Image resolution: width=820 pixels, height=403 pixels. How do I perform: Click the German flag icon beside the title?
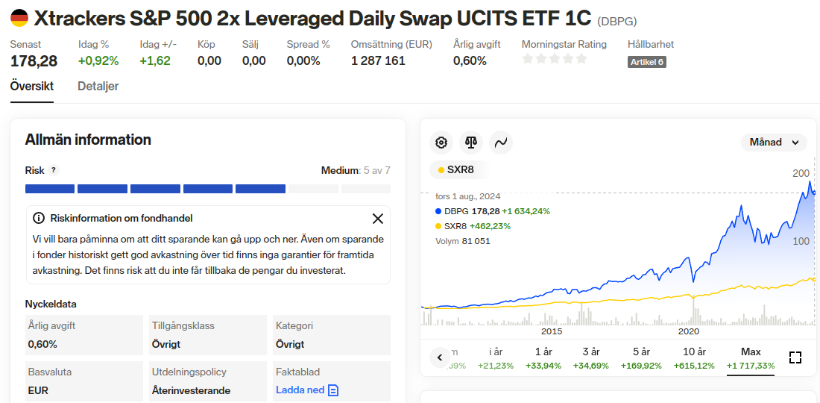click(x=19, y=18)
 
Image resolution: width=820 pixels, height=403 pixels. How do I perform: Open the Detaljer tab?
click(x=98, y=87)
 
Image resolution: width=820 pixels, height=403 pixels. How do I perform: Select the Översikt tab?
click(x=31, y=87)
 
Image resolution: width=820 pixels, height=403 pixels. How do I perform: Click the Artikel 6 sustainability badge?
click(x=646, y=62)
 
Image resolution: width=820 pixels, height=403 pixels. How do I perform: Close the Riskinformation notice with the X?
click(x=378, y=219)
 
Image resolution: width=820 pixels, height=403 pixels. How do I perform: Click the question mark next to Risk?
click(x=54, y=170)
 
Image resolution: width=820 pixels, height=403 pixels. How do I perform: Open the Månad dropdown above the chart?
click(x=774, y=142)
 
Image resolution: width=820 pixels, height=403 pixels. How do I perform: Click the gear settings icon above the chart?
click(x=441, y=142)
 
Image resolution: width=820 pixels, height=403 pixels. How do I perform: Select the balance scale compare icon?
click(x=471, y=142)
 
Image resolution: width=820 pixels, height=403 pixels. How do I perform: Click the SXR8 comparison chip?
click(x=456, y=169)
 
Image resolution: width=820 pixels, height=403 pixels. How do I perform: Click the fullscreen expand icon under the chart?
click(x=795, y=357)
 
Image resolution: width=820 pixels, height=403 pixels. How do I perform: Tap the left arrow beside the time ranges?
click(x=440, y=357)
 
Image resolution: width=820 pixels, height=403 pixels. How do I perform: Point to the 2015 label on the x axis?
click(x=552, y=331)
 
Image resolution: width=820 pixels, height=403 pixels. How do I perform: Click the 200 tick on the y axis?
click(x=801, y=173)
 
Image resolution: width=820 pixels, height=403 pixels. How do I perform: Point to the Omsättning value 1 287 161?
click(x=378, y=60)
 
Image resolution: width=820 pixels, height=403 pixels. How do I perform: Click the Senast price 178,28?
click(x=34, y=60)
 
